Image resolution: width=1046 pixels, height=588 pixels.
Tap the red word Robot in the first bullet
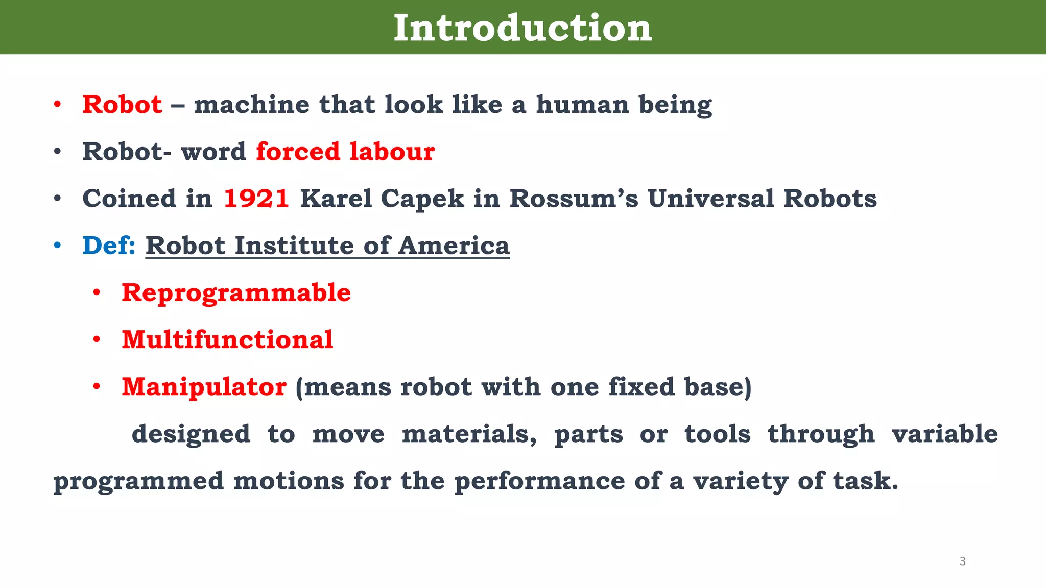pos(122,105)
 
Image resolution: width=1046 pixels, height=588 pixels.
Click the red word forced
pos(298,152)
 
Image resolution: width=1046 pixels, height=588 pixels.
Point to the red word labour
pos(392,152)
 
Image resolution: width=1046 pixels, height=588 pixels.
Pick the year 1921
pos(256,199)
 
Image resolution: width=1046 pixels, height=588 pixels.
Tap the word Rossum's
pos(574,199)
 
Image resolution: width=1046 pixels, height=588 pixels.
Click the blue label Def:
pos(109,246)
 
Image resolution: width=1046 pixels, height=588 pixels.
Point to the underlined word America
pos(454,246)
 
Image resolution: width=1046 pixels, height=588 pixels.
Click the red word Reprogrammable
pos(236,293)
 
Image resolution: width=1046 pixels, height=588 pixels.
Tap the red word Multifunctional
pos(227,340)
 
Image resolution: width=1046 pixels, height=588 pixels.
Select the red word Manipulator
pos(204,387)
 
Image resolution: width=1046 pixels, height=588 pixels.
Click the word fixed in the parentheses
pos(641,387)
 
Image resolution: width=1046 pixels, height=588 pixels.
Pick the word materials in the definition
pos(469,434)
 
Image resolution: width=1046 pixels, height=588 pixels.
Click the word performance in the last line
pos(539,481)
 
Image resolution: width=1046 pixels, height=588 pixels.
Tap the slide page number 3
pos(963,561)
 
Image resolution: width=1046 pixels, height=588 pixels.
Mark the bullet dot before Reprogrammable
pos(97,293)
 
